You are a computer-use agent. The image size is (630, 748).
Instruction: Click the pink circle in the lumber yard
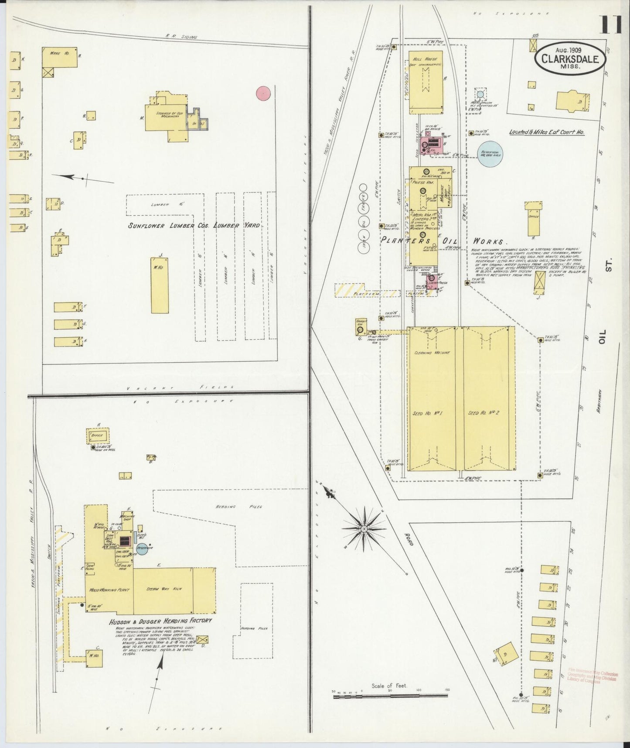[x=263, y=93]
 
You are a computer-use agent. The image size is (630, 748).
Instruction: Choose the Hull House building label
[x=425, y=58]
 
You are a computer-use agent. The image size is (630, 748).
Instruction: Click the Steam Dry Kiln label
[x=165, y=589]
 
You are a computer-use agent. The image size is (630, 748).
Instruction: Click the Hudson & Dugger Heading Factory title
[x=160, y=620]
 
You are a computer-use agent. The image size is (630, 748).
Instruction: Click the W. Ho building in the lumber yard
[x=160, y=285]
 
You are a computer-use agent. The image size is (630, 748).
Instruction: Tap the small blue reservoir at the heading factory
[x=142, y=549]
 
